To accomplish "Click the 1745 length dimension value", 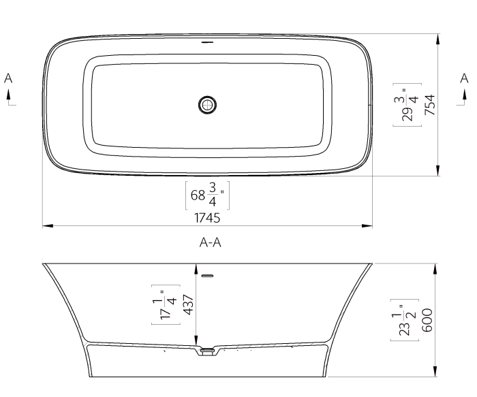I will (208, 219).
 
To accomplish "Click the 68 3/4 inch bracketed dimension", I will (208, 196).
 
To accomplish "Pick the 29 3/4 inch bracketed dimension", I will (410, 104).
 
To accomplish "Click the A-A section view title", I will (212, 242).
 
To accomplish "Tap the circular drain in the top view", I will (208, 104).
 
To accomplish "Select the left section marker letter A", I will (8, 79).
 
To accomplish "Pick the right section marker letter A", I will (465, 79).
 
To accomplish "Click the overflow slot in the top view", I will (208, 42).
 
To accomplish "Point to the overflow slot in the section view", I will (208, 276).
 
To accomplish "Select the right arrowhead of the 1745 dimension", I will (369, 225).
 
